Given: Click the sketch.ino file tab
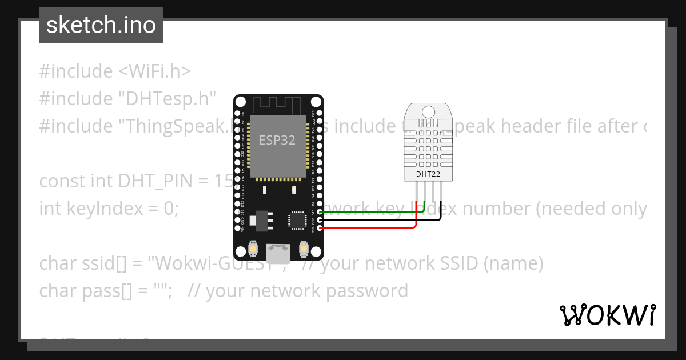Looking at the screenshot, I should click(101, 25).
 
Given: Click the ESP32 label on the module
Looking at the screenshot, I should click(277, 140).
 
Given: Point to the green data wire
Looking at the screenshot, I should click(372, 213).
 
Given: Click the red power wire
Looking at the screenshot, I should click(372, 227).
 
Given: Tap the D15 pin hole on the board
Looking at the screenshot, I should click(320, 213).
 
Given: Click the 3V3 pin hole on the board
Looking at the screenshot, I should click(320, 228).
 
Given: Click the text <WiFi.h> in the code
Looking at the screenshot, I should click(154, 71).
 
